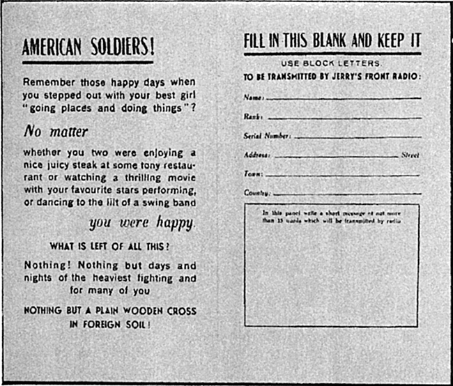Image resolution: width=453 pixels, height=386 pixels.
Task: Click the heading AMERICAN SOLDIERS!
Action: pyautogui.click(x=88, y=48)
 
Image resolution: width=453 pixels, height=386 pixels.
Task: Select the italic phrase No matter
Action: pyautogui.click(x=56, y=130)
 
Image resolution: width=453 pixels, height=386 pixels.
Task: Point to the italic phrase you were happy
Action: pyautogui.click(x=142, y=224)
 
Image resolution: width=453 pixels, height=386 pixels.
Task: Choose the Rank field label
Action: pyautogui.click(x=252, y=117)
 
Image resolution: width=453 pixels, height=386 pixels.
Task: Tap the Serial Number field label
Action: pyautogui.click(x=267, y=136)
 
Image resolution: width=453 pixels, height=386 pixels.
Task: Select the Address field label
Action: pyautogui.click(x=256, y=155)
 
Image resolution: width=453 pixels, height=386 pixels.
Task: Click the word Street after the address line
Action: pyautogui.click(x=410, y=155)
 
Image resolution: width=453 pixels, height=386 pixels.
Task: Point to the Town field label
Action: pyautogui.click(x=252, y=173)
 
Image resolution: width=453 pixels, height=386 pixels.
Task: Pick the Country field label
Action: pyautogui.click(x=256, y=192)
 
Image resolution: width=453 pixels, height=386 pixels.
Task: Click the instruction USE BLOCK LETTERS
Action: pyautogui.click(x=332, y=63)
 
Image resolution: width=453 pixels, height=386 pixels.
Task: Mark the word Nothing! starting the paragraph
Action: pyautogui.click(x=47, y=265)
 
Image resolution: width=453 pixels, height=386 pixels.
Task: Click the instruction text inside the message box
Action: pyautogui.click(x=332, y=216)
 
